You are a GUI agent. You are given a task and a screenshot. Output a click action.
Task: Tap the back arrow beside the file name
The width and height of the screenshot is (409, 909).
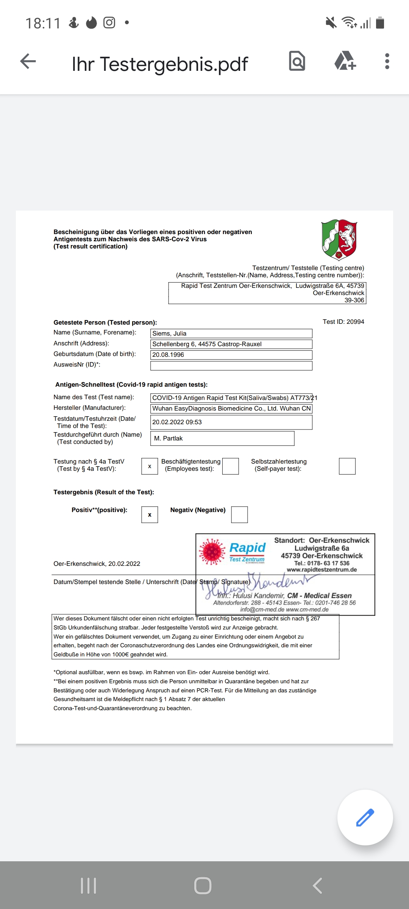coord(28,61)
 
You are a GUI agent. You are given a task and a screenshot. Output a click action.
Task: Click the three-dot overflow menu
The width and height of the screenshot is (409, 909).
coord(387,61)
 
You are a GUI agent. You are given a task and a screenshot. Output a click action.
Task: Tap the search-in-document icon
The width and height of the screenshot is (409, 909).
coord(297,61)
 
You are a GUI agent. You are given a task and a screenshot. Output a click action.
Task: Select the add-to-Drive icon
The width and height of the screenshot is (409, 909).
coord(345,61)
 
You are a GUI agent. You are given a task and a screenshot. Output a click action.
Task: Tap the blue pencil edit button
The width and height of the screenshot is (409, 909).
coord(365,817)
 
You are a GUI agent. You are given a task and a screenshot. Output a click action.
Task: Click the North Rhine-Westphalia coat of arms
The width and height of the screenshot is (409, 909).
coord(339,240)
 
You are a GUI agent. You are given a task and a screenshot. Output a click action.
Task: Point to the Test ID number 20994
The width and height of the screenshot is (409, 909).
coord(355,322)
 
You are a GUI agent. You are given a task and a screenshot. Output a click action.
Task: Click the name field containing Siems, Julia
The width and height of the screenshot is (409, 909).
coord(231,333)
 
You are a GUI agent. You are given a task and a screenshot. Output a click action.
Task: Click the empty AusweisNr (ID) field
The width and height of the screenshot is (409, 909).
coord(231,365)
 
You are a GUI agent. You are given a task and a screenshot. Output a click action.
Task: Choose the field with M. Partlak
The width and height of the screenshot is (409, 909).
coord(222,438)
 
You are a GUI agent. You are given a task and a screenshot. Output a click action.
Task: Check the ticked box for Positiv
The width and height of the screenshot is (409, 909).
coord(150,515)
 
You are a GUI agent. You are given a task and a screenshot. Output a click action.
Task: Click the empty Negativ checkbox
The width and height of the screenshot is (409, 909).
coord(239,515)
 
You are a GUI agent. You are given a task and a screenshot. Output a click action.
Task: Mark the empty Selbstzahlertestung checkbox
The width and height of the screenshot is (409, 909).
coord(347,466)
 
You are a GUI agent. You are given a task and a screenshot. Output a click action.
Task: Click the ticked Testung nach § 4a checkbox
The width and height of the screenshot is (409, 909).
coord(150,466)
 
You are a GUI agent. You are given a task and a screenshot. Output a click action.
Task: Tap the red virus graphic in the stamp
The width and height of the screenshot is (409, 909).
coord(212,552)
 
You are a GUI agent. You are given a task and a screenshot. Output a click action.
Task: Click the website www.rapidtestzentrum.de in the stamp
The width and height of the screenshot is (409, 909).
coord(322,570)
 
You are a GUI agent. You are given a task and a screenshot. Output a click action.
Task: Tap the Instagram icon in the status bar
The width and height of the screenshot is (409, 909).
coord(109,23)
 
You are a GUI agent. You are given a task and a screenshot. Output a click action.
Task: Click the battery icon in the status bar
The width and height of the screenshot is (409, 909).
coord(380,23)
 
